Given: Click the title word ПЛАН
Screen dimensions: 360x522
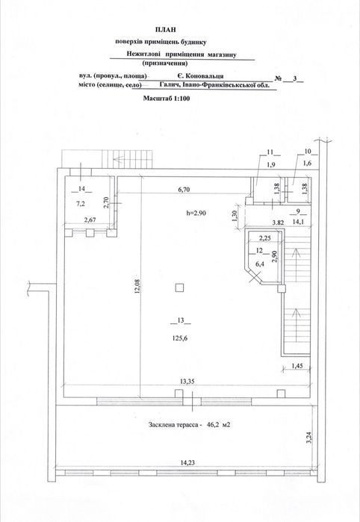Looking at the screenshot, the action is point(166,30).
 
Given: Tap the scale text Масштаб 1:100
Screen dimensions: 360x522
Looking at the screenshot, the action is point(167,99).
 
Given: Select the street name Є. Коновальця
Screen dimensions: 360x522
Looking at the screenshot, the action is point(200,76).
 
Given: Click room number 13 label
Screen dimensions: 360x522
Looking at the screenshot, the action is point(181,321).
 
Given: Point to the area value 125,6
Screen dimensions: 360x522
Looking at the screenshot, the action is point(180,338).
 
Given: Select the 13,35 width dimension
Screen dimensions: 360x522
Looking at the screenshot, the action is point(187,381).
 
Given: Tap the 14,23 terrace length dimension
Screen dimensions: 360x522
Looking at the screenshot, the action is point(187,462).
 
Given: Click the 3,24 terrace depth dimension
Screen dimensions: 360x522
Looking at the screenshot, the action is point(310,438).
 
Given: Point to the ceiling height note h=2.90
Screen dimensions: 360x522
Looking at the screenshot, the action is point(196,214).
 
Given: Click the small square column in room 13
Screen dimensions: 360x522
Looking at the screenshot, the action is point(179,288).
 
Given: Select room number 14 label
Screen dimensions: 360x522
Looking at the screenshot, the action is point(81,189).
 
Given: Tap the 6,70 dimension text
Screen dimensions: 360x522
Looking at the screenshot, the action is point(184,190).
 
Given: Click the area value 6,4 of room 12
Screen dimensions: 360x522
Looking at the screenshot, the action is point(259,264).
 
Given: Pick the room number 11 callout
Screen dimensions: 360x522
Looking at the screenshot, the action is point(270,152).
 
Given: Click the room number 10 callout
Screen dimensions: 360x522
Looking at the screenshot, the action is point(308,152).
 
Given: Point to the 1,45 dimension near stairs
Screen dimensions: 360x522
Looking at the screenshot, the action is point(297,366).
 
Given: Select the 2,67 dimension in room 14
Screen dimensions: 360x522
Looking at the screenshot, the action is point(89,219).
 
